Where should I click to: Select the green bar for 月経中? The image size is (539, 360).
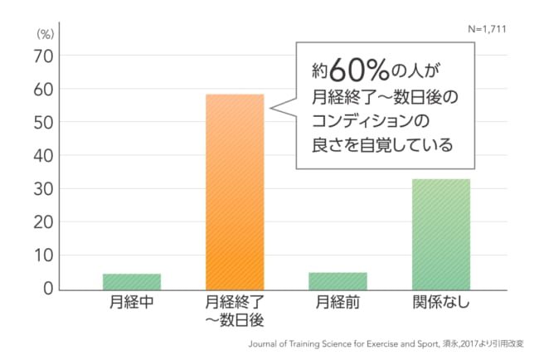coord(132,281)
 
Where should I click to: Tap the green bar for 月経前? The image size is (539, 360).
coord(337,280)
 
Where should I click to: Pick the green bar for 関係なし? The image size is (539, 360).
coord(441,234)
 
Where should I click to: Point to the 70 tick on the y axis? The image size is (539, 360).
coord(42,56)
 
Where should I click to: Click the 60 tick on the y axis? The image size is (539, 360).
coord(42,89)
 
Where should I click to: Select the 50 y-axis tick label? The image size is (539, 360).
coord(42,122)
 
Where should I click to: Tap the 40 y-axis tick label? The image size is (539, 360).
coord(42,155)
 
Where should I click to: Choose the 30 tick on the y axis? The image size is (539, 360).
coord(42,189)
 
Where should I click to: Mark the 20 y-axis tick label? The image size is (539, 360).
coord(42,222)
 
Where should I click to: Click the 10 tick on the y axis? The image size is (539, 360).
coord(42,255)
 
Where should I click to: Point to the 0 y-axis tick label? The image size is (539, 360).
coord(47,289)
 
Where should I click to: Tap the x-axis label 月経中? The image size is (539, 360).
coord(131,304)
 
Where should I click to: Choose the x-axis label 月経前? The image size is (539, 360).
coord(338,304)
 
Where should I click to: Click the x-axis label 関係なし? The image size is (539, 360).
coord(441,304)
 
